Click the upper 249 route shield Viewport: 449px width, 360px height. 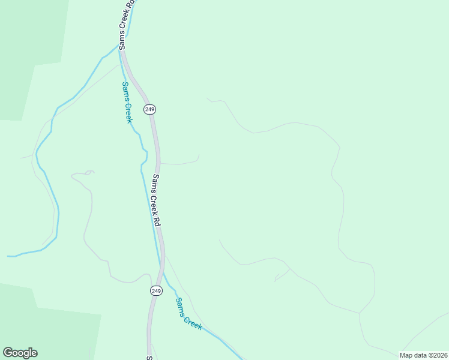point(149,109)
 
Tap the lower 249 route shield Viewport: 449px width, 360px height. point(156,290)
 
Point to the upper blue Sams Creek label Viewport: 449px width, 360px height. point(127,103)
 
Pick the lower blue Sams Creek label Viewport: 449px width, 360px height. point(188,313)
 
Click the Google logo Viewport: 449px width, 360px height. point(20,353)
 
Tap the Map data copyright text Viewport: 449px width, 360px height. point(423,355)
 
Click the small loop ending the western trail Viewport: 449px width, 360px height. point(89,173)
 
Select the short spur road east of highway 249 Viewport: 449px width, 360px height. point(180,163)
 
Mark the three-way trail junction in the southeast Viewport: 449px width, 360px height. point(359,313)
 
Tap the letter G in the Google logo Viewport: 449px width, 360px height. point(8,353)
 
